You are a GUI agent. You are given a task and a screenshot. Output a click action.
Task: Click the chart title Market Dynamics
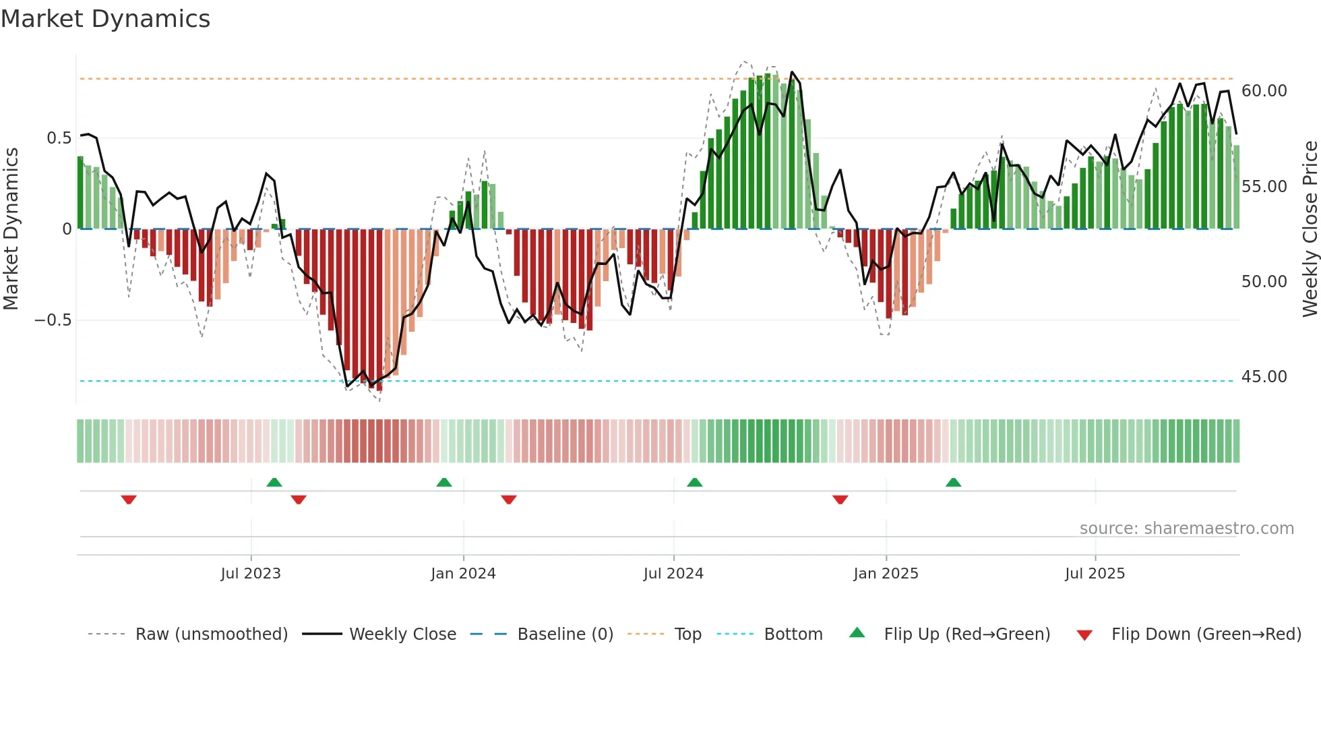tap(106, 19)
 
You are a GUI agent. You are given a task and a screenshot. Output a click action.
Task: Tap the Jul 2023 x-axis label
tap(251, 574)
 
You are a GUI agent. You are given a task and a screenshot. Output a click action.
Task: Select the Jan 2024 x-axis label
tap(463, 574)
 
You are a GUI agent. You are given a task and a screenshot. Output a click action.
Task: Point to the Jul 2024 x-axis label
tap(673, 574)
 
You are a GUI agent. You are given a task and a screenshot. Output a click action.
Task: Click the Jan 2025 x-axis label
tap(886, 574)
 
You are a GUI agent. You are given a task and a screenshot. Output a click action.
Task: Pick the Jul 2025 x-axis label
tap(1095, 574)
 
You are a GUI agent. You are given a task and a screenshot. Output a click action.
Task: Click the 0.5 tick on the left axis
tap(59, 138)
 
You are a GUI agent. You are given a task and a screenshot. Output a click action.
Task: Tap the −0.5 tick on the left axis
tap(53, 320)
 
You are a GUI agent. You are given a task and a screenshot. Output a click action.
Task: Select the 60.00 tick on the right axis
tap(1264, 91)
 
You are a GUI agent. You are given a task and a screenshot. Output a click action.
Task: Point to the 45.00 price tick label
tap(1264, 377)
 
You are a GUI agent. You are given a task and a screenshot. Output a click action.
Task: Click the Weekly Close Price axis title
tap(1310, 229)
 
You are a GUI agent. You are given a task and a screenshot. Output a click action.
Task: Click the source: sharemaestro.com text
tap(1186, 529)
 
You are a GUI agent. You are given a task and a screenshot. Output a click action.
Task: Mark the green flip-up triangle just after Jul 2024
tap(694, 482)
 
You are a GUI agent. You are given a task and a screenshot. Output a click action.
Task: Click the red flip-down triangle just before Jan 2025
tap(840, 500)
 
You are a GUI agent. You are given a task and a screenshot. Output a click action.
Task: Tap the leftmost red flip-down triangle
tap(129, 500)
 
